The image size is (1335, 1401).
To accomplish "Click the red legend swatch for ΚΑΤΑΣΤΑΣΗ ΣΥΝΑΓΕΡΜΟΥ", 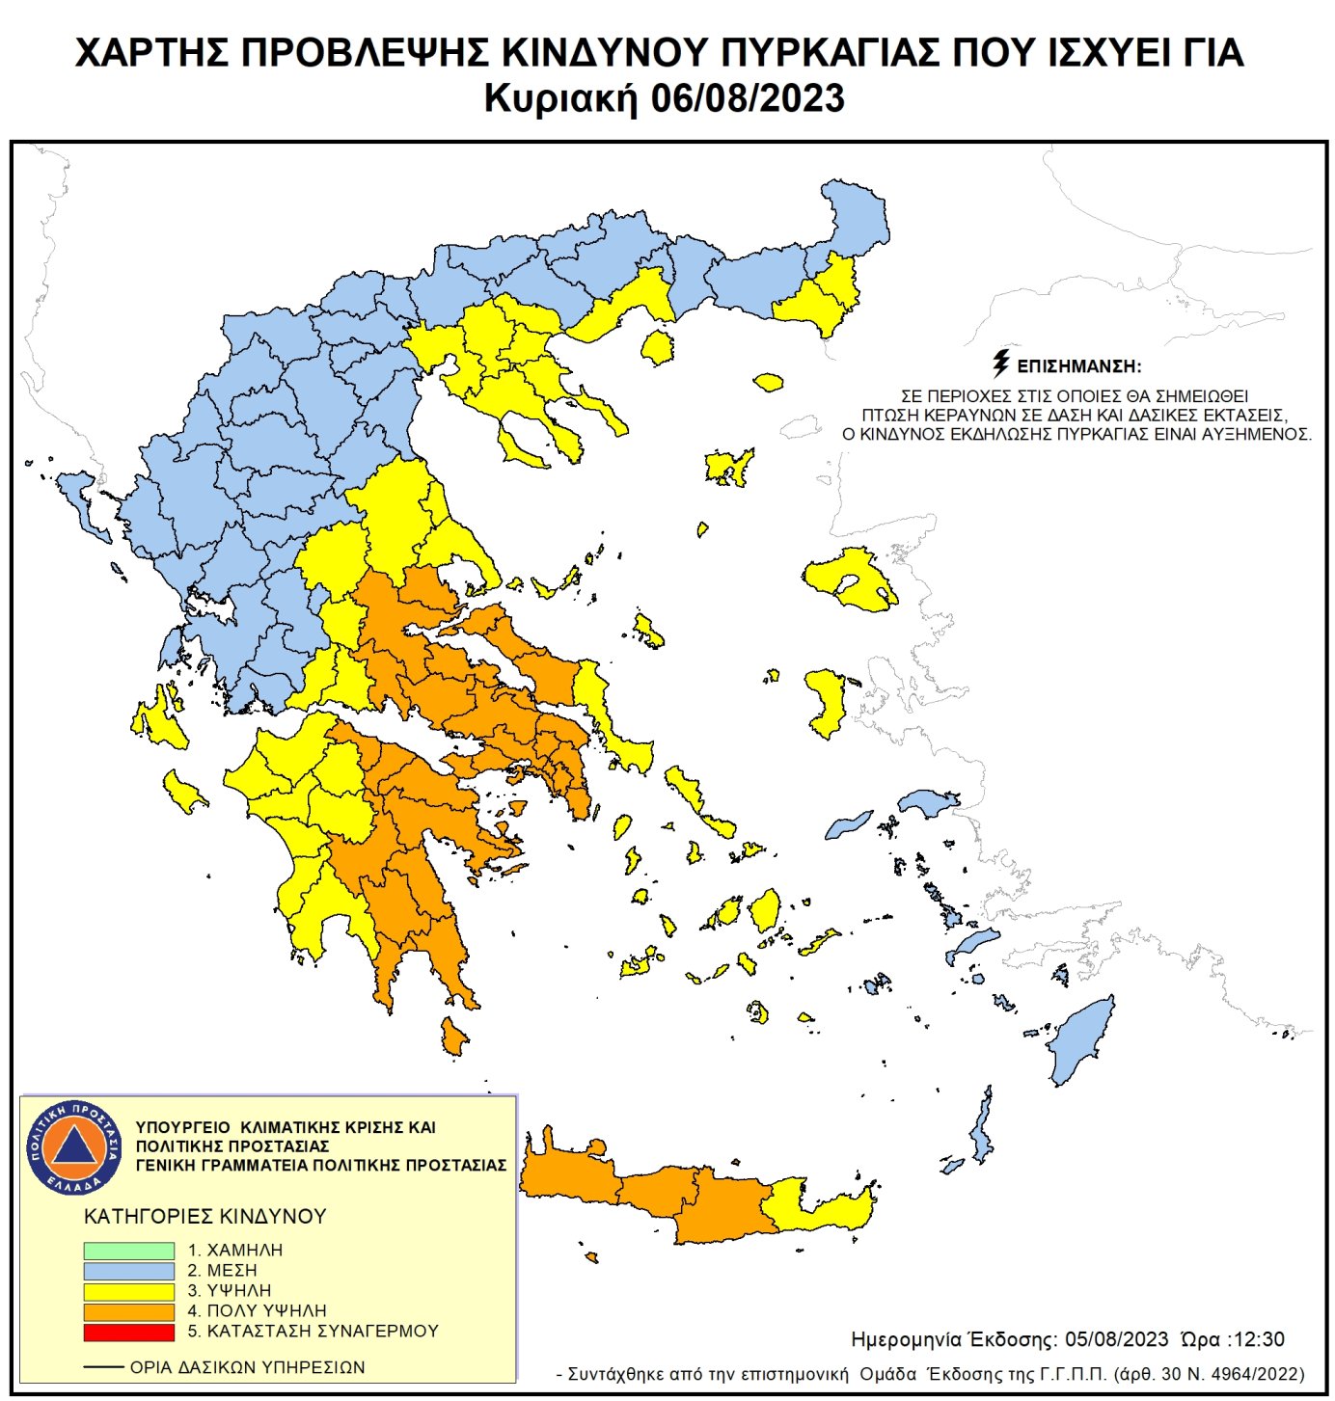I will [x=128, y=1332].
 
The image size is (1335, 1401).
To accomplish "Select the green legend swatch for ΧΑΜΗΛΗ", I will [x=128, y=1251].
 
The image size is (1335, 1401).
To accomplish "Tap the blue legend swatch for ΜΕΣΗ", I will [x=128, y=1271].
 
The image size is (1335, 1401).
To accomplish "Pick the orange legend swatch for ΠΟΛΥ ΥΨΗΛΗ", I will [x=128, y=1311].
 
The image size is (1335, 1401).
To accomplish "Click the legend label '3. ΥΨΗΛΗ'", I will [x=230, y=1291].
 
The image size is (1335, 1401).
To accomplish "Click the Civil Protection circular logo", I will [x=74, y=1146].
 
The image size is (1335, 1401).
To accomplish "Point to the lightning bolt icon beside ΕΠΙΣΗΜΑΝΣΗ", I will [x=1001, y=364].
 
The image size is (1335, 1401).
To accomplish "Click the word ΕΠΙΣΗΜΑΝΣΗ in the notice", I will [x=1079, y=366].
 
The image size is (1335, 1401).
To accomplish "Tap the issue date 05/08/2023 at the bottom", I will [x=1117, y=1339].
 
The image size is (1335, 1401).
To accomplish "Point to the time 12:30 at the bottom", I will [x=1258, y=1339].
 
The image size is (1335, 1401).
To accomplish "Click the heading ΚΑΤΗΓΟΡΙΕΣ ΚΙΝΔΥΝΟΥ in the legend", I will [x=205, y=1217].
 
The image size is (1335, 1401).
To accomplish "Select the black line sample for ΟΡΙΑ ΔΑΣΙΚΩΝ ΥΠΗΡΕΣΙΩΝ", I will [x=103, y=1367].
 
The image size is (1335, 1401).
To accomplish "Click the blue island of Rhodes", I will [x=1082, y=1041].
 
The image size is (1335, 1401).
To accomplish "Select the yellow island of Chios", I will [x=827, y=700].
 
